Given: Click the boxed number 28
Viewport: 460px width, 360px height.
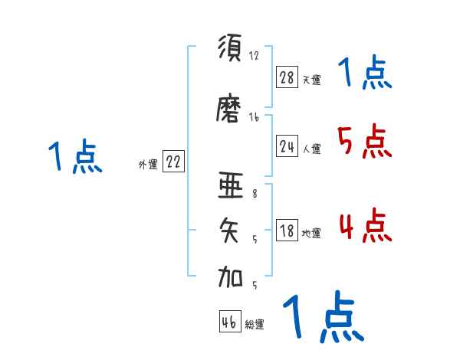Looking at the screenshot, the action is [287, 77].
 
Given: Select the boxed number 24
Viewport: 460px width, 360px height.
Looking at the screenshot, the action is [287, 146].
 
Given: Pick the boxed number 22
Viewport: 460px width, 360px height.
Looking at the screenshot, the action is [173, 162].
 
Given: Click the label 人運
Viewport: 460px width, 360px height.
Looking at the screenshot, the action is [312, 149].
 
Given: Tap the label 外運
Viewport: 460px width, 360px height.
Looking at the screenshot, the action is [148, 165].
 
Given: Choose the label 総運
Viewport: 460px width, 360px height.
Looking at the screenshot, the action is [255, 325].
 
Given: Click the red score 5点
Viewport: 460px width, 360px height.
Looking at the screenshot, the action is [365, 142].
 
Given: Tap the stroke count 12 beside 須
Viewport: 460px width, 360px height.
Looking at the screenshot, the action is [255, 55].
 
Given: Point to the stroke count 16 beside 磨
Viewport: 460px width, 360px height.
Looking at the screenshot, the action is [255, 117].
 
